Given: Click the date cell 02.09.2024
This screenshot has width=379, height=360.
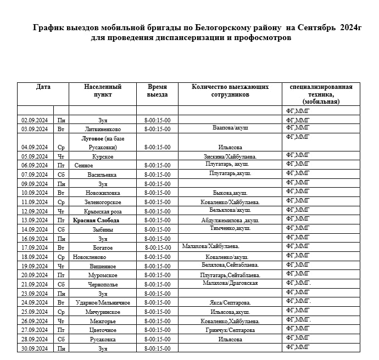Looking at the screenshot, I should click(x=35, y=120).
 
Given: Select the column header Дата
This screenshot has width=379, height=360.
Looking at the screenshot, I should click(x=43, y=87).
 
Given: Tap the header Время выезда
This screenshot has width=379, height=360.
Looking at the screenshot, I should click(x=157, y=91).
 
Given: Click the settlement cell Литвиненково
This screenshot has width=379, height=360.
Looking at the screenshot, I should click(x=103, y=129).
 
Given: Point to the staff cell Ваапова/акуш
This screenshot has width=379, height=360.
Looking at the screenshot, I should click(x=231, y=127).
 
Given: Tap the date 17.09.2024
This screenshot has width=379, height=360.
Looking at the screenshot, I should click(x=35, y=248).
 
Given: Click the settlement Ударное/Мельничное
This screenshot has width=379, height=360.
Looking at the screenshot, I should click(x=103, y=302).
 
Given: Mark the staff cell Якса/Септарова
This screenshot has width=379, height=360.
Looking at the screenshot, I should click(x=231, y=302).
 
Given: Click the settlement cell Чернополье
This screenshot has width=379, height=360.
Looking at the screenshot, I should click(x=103, y=284).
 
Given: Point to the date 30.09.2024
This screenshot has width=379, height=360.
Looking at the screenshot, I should click(x=35, y=348).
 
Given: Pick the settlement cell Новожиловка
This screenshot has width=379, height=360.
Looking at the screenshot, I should click(x=103, y=193).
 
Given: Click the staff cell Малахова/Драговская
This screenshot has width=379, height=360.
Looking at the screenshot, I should click(x=230, y=283).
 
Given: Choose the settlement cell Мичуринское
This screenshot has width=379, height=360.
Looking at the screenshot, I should click(x=103, y=312).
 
